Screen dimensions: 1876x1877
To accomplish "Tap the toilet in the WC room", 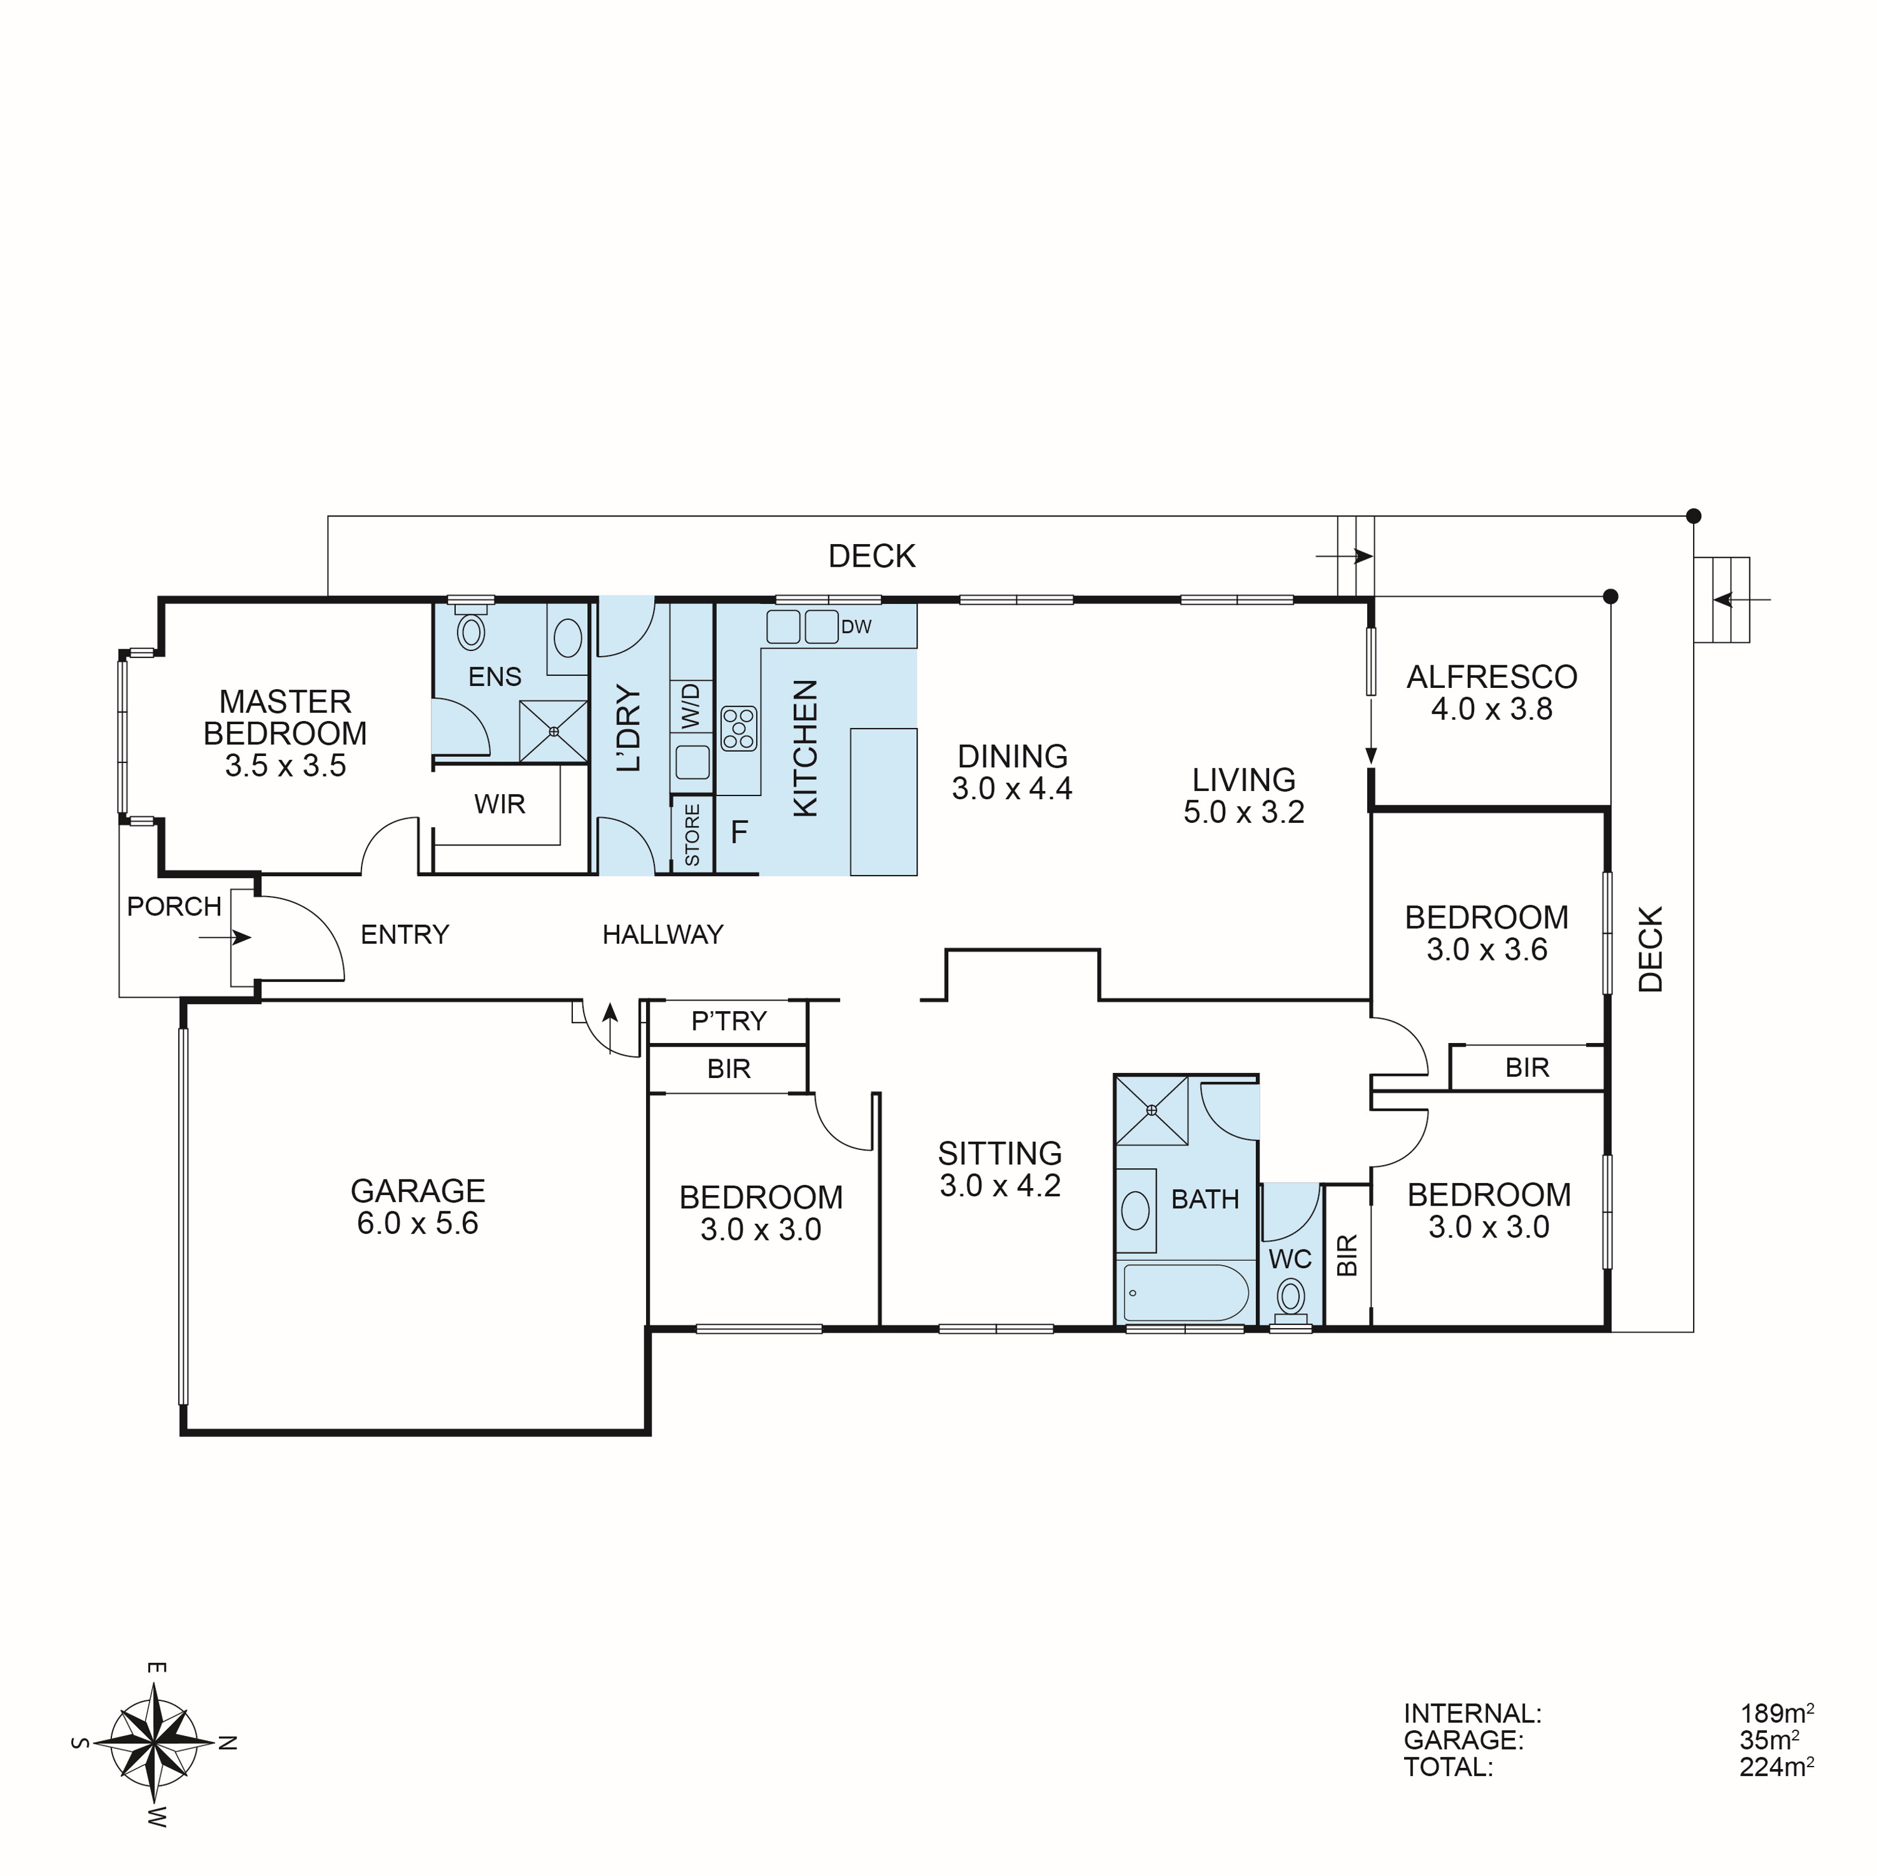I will tap(1290, 1297).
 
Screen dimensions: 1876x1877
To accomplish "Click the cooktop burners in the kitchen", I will tap(739, 729).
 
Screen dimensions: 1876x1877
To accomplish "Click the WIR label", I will tap(499, 804).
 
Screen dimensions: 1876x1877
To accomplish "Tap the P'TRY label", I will tap(729, 1021).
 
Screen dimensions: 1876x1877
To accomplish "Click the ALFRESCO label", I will tap(1491, 677).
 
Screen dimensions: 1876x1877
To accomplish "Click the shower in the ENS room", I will tap(553, 730).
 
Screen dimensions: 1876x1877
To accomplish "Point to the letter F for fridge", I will tap(739, 832).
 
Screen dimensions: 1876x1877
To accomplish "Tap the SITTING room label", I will tap(999, 1153).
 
